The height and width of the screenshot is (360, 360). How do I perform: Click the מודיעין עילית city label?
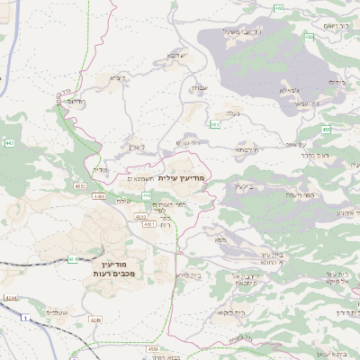point(182,178)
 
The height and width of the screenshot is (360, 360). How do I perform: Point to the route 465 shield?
point(279,9)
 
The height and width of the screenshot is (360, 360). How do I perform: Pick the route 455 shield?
point(309,37)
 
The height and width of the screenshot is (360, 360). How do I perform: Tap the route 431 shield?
point(73,259)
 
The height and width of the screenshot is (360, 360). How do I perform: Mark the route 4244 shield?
point(10,297)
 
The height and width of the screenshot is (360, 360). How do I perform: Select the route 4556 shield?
point(152,348)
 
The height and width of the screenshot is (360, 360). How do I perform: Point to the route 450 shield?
point(325,130)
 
